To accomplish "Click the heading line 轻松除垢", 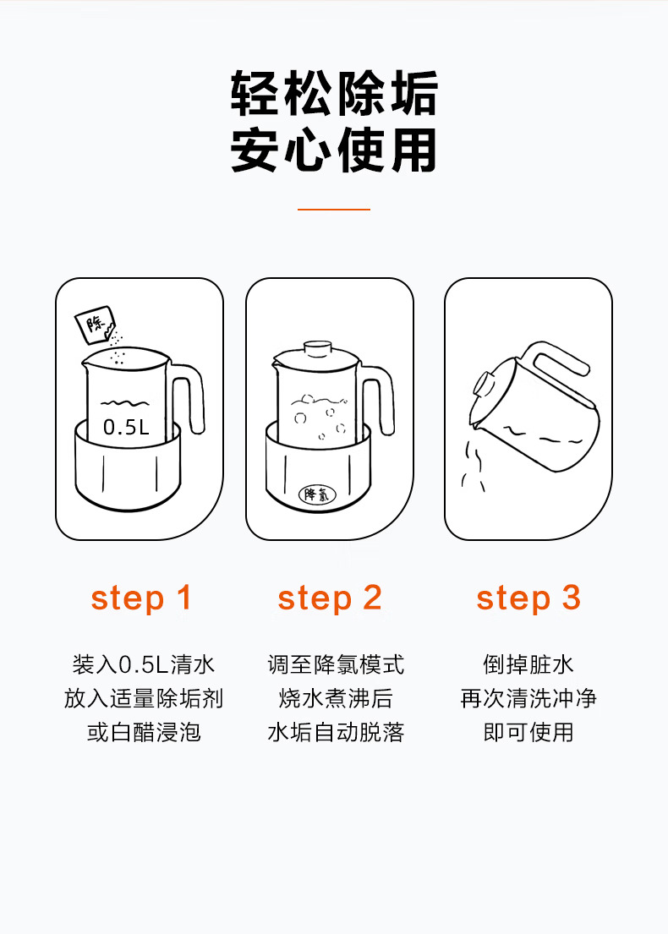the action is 334,94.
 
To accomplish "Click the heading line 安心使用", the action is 334,150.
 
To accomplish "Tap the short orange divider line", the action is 334,210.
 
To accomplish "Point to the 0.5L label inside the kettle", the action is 126,427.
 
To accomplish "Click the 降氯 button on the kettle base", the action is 317,494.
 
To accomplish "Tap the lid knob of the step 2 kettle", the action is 317,348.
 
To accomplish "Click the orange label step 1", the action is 141,598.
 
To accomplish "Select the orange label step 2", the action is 330,598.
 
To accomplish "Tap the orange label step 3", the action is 528,598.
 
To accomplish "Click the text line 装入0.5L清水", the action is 143,664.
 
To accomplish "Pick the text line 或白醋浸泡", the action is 144,732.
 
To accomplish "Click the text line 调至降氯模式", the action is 336,664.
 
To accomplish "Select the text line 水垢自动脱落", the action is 336,732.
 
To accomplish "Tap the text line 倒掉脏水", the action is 528,664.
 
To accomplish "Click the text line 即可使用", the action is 528,732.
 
